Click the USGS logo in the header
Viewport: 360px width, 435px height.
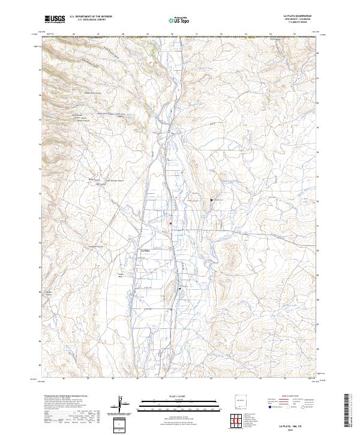[55, 19]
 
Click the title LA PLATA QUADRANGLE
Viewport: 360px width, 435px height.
[298, 16]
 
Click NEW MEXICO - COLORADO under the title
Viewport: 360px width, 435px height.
[298, 20]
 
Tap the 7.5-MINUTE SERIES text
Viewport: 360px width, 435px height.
[298, 23]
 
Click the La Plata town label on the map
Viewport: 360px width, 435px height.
[144, 250]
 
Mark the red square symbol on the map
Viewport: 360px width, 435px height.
[170, 223]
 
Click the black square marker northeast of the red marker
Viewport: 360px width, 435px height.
[211, 199]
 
